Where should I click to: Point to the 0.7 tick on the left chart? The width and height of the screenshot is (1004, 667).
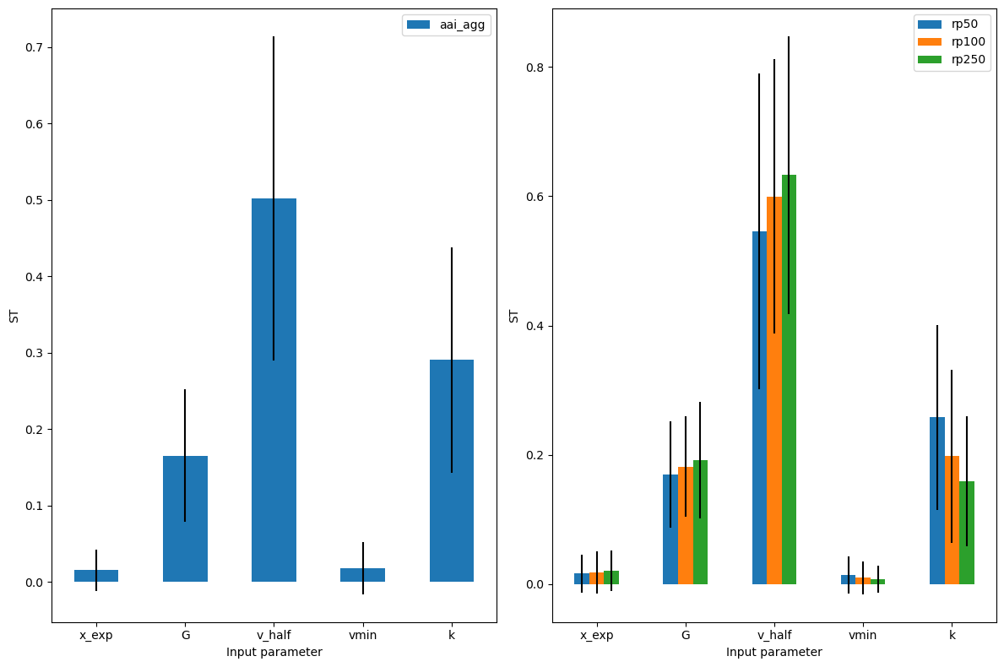(34, 47)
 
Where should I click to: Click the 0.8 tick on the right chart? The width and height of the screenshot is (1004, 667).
(535, 68)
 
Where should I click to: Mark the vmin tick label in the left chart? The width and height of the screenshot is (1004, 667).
(363, 636)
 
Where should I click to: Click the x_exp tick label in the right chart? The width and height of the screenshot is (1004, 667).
(596, 636)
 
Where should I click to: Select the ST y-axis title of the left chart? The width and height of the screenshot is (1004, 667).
(14, 317)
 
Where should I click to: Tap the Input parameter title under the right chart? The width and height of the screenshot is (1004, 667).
(773, 652)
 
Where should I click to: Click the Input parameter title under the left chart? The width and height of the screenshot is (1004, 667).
(274, 652)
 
